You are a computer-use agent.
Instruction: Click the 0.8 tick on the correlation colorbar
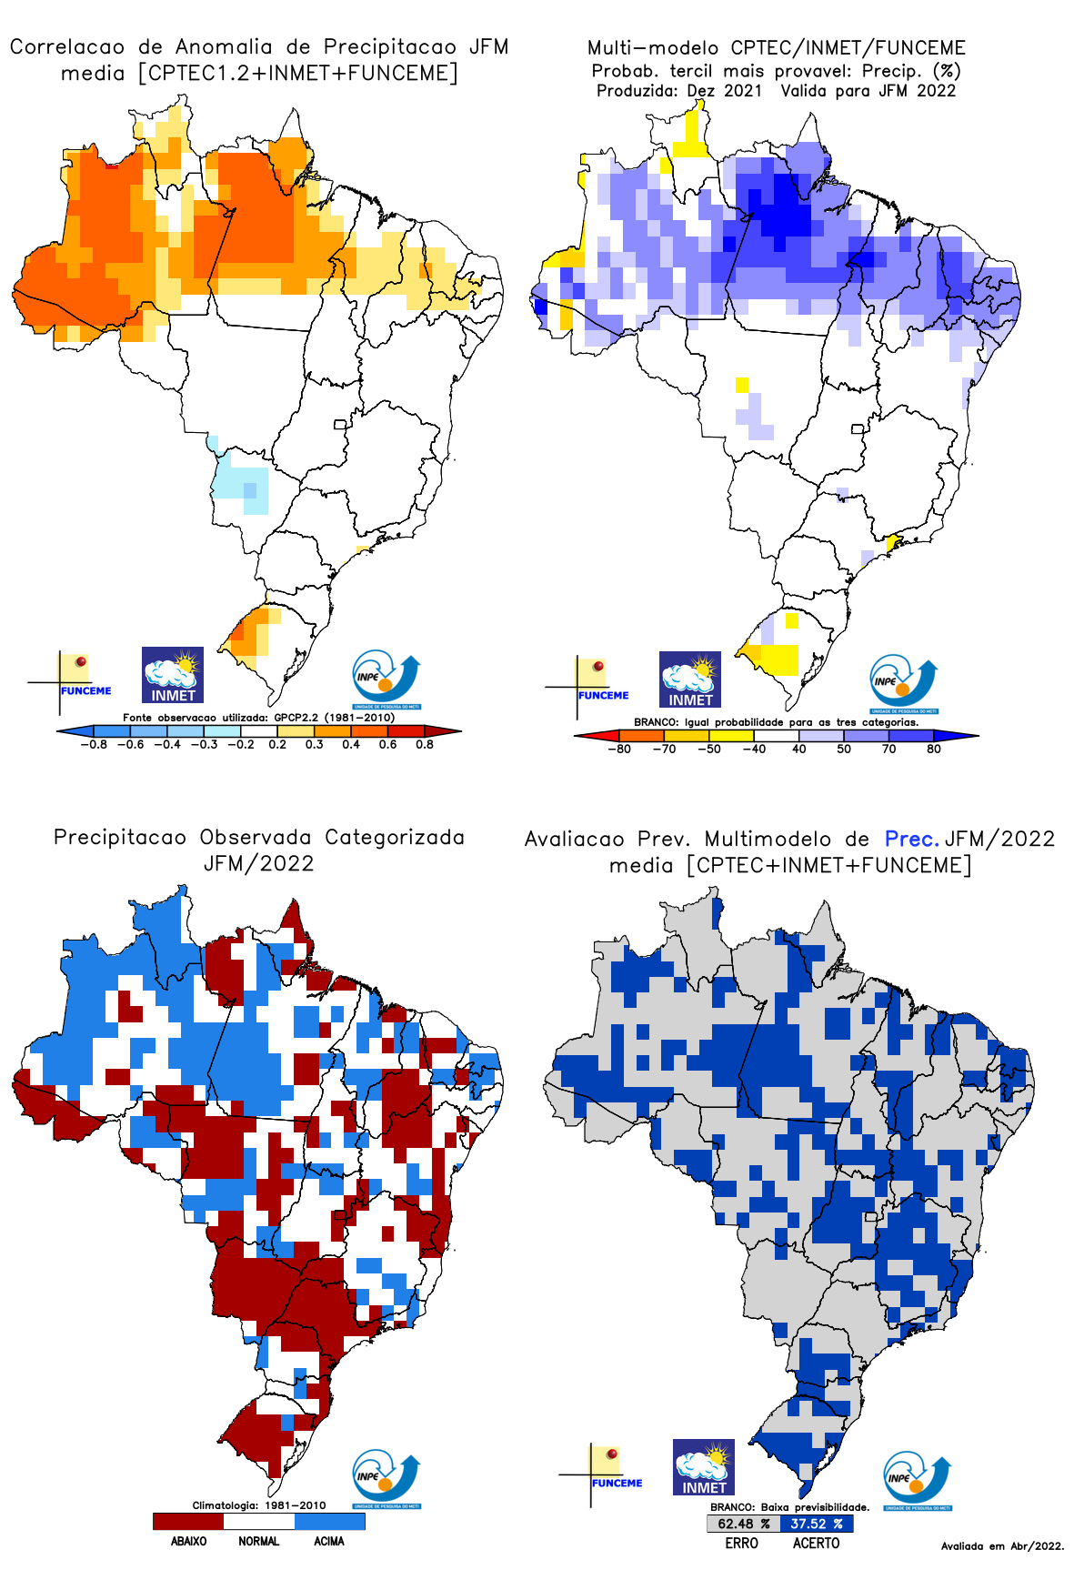coord(424,744)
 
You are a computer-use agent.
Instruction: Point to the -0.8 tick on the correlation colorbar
coord(93,744)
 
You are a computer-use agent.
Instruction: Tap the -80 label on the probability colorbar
coord(619,749)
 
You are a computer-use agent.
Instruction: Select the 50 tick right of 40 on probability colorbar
coord(844,749)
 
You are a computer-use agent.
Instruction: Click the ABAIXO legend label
coord(188,1541)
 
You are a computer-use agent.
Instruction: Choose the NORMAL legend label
coord(259,1541)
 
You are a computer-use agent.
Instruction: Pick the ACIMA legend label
coord(329,1541)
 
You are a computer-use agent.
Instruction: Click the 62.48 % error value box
coord(743,1524)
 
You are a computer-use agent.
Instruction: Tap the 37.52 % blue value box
coord(816,1524)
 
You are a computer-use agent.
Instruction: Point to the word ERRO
coord(741,1543)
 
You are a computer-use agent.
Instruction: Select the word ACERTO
coord(816,1543)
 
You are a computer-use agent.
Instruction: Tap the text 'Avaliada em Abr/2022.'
coord(1002,1545)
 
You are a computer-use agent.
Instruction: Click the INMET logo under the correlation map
coord(173,675)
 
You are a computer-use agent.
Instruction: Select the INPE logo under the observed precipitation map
coord(386,1479)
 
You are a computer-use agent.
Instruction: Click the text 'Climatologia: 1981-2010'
coord(258,1505)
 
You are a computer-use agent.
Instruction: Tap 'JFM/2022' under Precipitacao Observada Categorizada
coord(259,863)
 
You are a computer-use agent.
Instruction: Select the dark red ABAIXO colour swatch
coord(188,1521)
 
